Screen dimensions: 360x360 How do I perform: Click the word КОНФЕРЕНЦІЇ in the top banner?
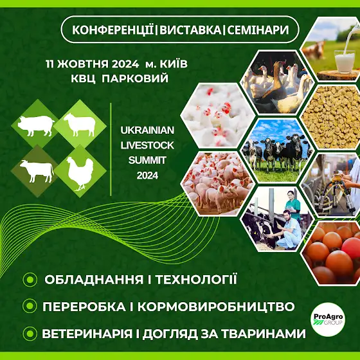113,30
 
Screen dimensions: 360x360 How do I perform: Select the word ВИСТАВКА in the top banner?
190,30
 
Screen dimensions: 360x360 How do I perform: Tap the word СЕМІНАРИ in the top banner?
258,30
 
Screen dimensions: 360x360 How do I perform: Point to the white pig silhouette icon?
37,125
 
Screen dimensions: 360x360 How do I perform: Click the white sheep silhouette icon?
80,125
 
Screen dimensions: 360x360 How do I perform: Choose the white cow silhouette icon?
37,171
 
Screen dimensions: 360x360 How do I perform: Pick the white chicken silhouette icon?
80,174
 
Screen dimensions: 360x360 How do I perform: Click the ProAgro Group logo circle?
328,319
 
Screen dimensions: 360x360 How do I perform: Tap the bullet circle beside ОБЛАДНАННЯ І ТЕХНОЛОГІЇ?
30,280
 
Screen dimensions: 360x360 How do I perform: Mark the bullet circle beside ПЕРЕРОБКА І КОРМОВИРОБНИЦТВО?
30,306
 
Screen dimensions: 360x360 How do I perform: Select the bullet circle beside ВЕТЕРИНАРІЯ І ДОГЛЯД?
30,334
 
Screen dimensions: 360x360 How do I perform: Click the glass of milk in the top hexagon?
345,62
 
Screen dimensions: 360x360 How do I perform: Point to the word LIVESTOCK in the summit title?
147,145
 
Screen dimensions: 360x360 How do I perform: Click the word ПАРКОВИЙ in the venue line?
135,78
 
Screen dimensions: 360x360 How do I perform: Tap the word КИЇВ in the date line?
174,64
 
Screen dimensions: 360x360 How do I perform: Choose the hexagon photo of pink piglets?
217,183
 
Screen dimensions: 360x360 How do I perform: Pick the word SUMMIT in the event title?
147,160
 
